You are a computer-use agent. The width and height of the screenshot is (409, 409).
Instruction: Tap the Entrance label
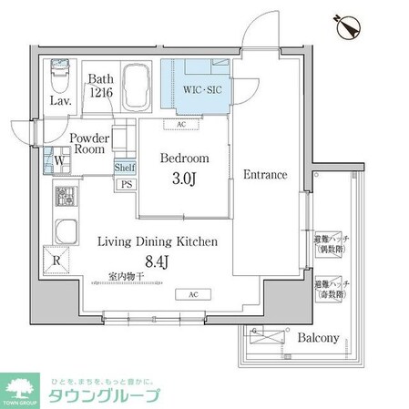[x=265, y=174]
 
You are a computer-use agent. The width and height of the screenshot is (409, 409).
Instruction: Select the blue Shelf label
[x=126, y=168]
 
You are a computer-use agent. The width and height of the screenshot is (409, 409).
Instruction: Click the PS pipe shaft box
[x=126, y=183]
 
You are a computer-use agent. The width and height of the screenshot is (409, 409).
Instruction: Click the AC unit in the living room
[x=192, y=294]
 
